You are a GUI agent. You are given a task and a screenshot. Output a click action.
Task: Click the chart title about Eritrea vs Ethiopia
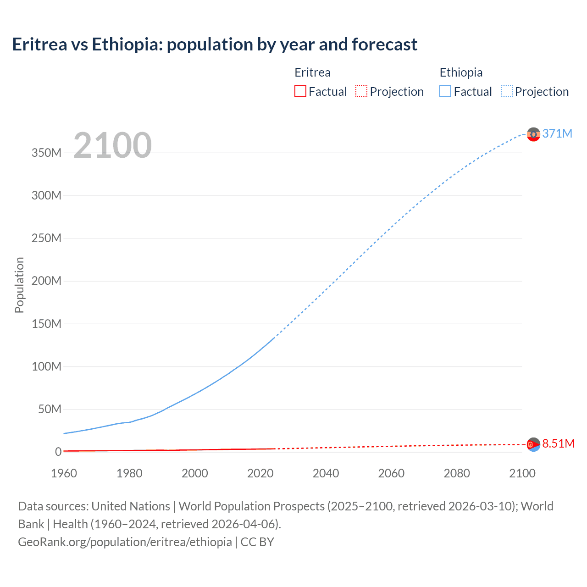[x=215, y=44]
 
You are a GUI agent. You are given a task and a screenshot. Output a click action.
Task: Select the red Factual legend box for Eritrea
[x=300, y=92]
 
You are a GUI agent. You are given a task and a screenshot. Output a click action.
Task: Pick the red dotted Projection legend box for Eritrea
[x=361, y=92]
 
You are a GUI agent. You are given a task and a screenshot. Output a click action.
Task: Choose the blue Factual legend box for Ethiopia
[x=445, y=92]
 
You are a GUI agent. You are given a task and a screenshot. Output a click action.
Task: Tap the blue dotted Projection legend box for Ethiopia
[x=506, y=92]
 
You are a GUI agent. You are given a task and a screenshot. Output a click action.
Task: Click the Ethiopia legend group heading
[x=461, y=72]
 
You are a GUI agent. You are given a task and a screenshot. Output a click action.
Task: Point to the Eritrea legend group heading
[x=312, y=72]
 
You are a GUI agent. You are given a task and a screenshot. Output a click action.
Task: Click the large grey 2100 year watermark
[x=112, y=145]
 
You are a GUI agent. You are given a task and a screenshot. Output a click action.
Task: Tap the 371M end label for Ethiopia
[x=557, y=133]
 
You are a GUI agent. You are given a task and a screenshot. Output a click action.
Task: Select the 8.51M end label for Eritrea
[x=558, y=443]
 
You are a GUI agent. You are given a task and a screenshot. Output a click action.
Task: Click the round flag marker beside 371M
[x=533, y=134]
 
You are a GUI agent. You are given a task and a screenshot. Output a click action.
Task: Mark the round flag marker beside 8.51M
[x=533, y=444]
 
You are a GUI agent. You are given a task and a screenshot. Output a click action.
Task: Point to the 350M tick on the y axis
[x=46, y=153]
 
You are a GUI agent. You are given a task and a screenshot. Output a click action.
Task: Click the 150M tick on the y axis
[x=46, y=324]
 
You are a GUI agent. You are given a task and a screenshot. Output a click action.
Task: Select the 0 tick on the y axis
[x=58, y=452]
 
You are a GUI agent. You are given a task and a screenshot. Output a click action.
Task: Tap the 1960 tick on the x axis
[x=64, y=473]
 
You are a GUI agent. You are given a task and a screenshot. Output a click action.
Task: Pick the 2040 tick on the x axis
[x=326, y=473]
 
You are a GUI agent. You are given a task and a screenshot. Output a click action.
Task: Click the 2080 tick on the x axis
[x=457, y=473]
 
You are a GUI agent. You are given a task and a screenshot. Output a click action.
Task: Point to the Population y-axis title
[x=19, y=285]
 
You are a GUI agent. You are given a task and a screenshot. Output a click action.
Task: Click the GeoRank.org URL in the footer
[x=125, y=542]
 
